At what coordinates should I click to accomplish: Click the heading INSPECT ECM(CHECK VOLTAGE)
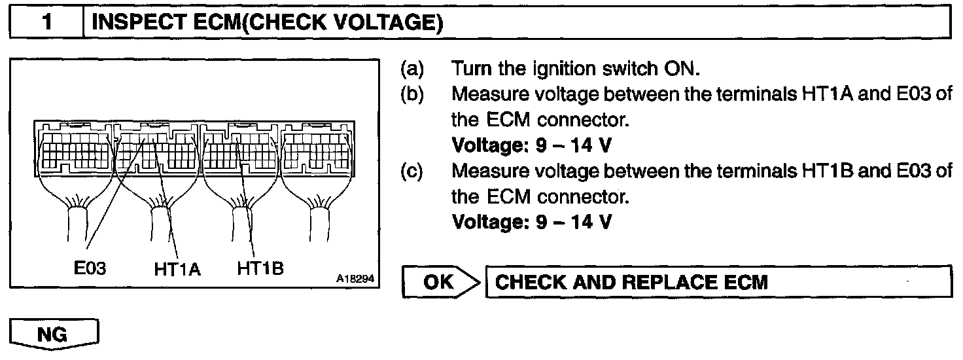click(x=268, y=24)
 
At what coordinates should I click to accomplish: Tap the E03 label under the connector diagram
click(x=90, y=269)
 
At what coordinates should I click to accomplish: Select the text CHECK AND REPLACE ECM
click(x=631, y=282)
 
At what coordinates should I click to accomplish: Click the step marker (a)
click(x=411, y=69)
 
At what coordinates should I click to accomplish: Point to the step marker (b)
click(x=411, y=94)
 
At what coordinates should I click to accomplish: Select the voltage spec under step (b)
click(x=532, y=145)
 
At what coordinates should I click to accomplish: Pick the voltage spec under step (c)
click(x=532, y=222)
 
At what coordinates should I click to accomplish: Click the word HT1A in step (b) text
click(x=823, y=94)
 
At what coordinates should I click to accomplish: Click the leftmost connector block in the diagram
click(x=73, y=149)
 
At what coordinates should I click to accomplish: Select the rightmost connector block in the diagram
click(x=317, y=149)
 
